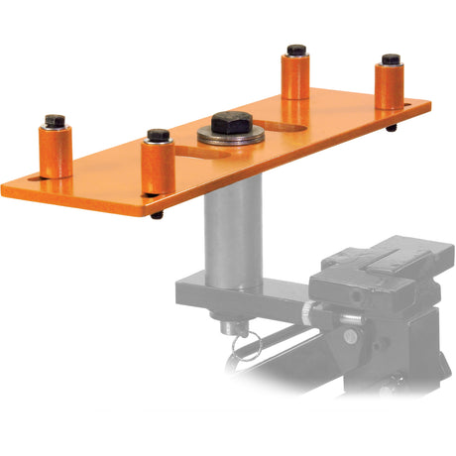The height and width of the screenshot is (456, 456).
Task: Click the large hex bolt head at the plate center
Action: click(x=230, y=123)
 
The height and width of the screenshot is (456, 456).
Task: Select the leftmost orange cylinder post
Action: click(x=56, y=152)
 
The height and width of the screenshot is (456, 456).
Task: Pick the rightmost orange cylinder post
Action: click(x=389, y=87)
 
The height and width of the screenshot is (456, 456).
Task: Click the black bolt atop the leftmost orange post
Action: click(x=56, y=121)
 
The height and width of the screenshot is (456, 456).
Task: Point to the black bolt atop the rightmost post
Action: click(x=391, y=59)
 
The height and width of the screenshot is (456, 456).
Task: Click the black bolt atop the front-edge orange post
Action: click(x=158, y=135)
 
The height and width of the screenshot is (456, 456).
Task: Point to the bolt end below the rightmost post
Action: click(x=392, y=127)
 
